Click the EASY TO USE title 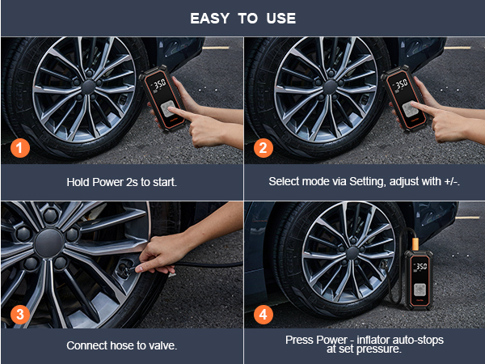point(242,18)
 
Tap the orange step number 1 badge point(20,148)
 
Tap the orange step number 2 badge point(264,148)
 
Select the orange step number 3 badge point(20,311)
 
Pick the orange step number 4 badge point(264,311)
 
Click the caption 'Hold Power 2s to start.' point(121,182)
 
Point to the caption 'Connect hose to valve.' point(121,345)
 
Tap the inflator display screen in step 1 point(157,84)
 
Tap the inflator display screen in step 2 point(400,84)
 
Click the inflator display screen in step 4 point(420,265)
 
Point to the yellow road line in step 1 point(216,48)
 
